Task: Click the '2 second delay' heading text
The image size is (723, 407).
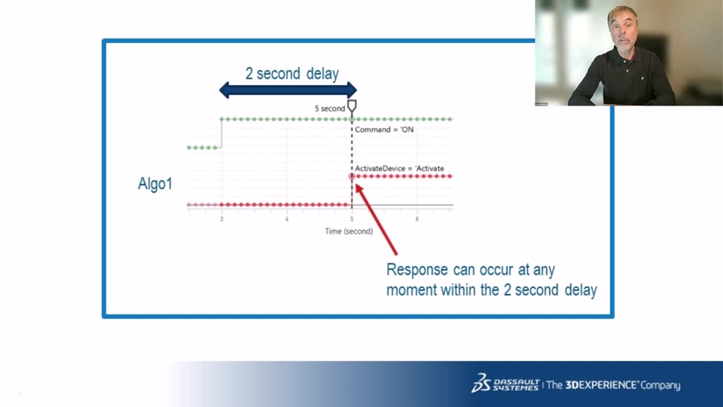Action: pos(292,74)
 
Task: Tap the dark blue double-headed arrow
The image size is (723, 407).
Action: pos(288,90)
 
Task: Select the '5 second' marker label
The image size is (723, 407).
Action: pos(330,109)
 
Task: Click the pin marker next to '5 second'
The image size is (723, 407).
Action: pos(352,107)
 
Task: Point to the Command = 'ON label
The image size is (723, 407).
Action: pos(384,130)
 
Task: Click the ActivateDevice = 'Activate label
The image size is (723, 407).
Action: pos(399,168)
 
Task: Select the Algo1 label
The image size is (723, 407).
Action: pos(155,184)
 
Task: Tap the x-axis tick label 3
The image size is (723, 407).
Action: pos(221,219)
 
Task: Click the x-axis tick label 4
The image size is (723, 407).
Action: pos(287,219)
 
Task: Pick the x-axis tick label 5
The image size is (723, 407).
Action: pos(352,219)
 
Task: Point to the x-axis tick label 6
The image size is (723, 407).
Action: pos(416,219)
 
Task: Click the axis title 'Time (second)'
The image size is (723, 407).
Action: pos(349,231)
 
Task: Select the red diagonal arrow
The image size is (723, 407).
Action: pos(376,219)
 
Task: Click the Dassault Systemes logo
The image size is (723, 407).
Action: pos(505,384)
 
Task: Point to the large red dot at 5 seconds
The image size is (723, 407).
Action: pos(352,176)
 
